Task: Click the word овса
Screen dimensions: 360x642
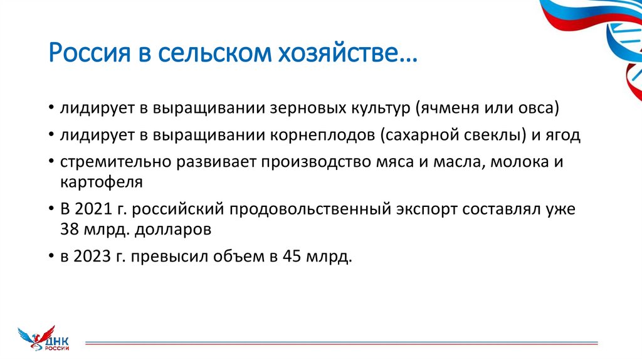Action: pyautogui.click(x=540, y=109)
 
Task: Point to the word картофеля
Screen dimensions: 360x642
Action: pyautogui.click(x=102, y=183)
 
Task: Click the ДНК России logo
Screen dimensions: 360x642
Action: pyautogui.click(x=44, y=339)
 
